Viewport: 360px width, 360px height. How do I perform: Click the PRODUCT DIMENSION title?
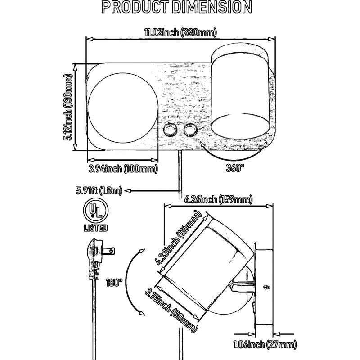(x=177, y=7)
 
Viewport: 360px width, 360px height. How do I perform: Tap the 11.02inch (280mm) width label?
(x=180, y=32)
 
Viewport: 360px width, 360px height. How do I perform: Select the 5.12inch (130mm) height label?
(x=68, y=107)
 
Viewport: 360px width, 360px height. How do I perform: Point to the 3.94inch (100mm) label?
(x=123, y=169)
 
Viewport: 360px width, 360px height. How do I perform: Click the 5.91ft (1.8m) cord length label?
(x=99, y=190)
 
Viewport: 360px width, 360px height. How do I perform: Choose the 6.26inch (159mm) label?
(x=218, y=199)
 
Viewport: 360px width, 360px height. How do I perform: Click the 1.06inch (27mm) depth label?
(x=265, y=344)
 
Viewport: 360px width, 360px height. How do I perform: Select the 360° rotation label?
(x=235, y=168)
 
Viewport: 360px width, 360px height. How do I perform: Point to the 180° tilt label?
(x=114, y=283)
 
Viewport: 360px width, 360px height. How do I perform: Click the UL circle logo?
(x=96, y=211)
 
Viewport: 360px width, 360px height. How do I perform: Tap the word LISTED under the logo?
(x=96, y=228)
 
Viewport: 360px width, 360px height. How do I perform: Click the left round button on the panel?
(x=171, y=130)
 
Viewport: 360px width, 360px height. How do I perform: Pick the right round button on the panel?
(x=190, y=130)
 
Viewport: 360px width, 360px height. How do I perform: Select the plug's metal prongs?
(x=108, y=251)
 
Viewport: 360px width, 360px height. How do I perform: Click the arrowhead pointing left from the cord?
(x=127, y=190)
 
